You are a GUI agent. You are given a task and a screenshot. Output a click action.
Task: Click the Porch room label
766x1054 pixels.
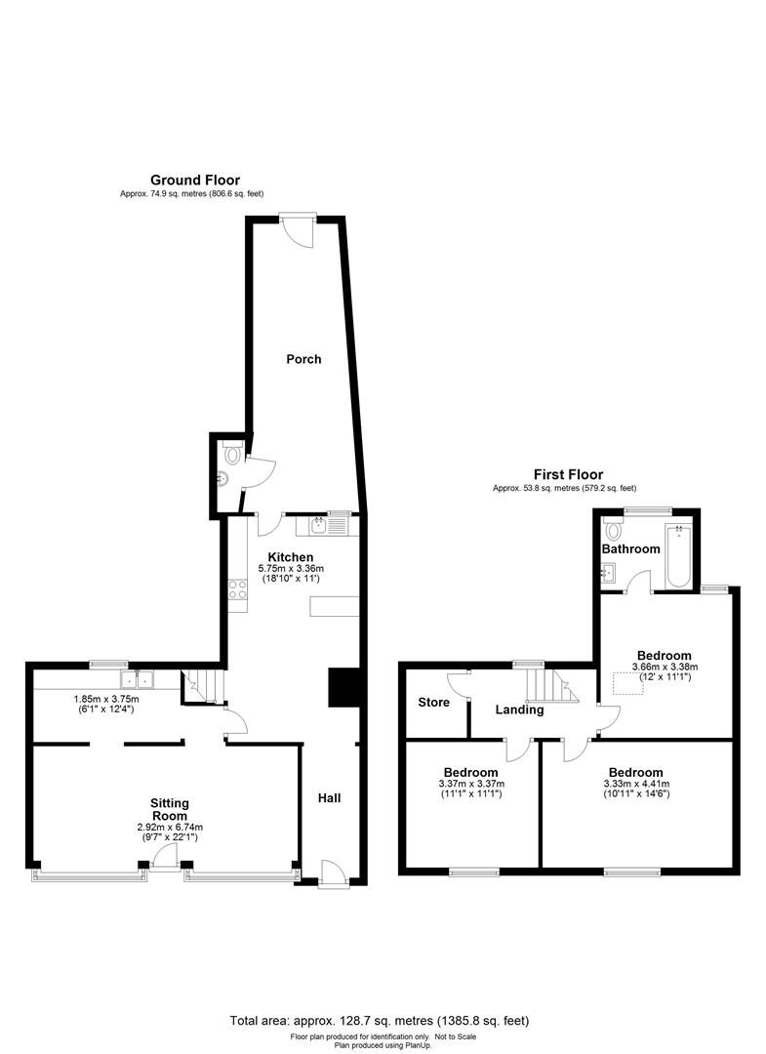303,359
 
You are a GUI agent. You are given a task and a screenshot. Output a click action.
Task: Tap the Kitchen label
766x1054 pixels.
291,557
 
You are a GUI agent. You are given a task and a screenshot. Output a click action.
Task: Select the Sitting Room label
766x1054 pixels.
169,809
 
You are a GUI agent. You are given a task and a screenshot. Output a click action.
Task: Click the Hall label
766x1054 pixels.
330,798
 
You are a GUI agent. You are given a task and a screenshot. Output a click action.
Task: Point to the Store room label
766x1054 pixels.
434,703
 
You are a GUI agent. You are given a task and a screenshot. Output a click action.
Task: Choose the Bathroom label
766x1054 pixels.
630,548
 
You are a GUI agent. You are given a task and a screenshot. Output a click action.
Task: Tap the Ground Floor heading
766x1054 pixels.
195,180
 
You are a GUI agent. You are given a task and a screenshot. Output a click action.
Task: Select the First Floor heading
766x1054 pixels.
568,474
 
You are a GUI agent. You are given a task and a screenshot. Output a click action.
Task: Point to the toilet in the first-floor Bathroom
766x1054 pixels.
614,531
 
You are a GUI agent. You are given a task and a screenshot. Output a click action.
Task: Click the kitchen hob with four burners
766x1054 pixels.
237,590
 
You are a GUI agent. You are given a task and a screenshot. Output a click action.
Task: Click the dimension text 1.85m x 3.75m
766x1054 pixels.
107,699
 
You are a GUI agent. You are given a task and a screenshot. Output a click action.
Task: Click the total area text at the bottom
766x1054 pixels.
380,1021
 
